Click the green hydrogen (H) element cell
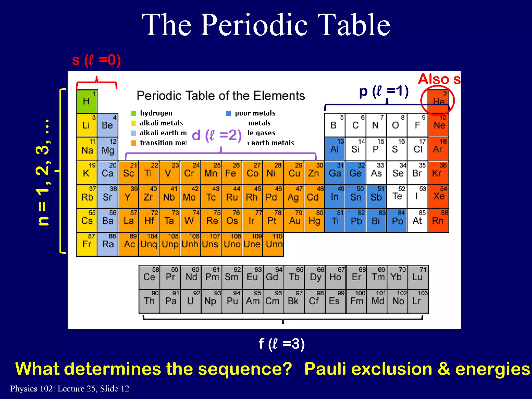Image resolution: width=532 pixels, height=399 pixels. coord(87,101)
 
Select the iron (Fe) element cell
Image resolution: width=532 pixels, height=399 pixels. coord(231,172)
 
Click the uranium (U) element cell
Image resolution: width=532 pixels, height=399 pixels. coord(191,301)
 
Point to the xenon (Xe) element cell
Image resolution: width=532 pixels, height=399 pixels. coord(438,196)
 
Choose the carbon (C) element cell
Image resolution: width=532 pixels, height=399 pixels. coord(355,125)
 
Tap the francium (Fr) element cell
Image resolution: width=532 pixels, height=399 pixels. coord(87,244)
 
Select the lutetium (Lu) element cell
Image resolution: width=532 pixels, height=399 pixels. coord(418,277)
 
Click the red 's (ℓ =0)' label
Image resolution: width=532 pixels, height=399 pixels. coord(96,60)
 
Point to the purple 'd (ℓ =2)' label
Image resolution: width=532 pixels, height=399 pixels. coord(217,135)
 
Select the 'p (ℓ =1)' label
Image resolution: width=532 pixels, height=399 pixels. coord(384,91)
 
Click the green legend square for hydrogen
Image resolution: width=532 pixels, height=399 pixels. coord(134,113)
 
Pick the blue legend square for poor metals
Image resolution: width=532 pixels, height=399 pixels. coord(228,113)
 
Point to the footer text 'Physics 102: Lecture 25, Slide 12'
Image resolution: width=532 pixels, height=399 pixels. coord(70,389)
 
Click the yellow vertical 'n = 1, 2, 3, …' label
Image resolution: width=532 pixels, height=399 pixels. coord(43,172)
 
